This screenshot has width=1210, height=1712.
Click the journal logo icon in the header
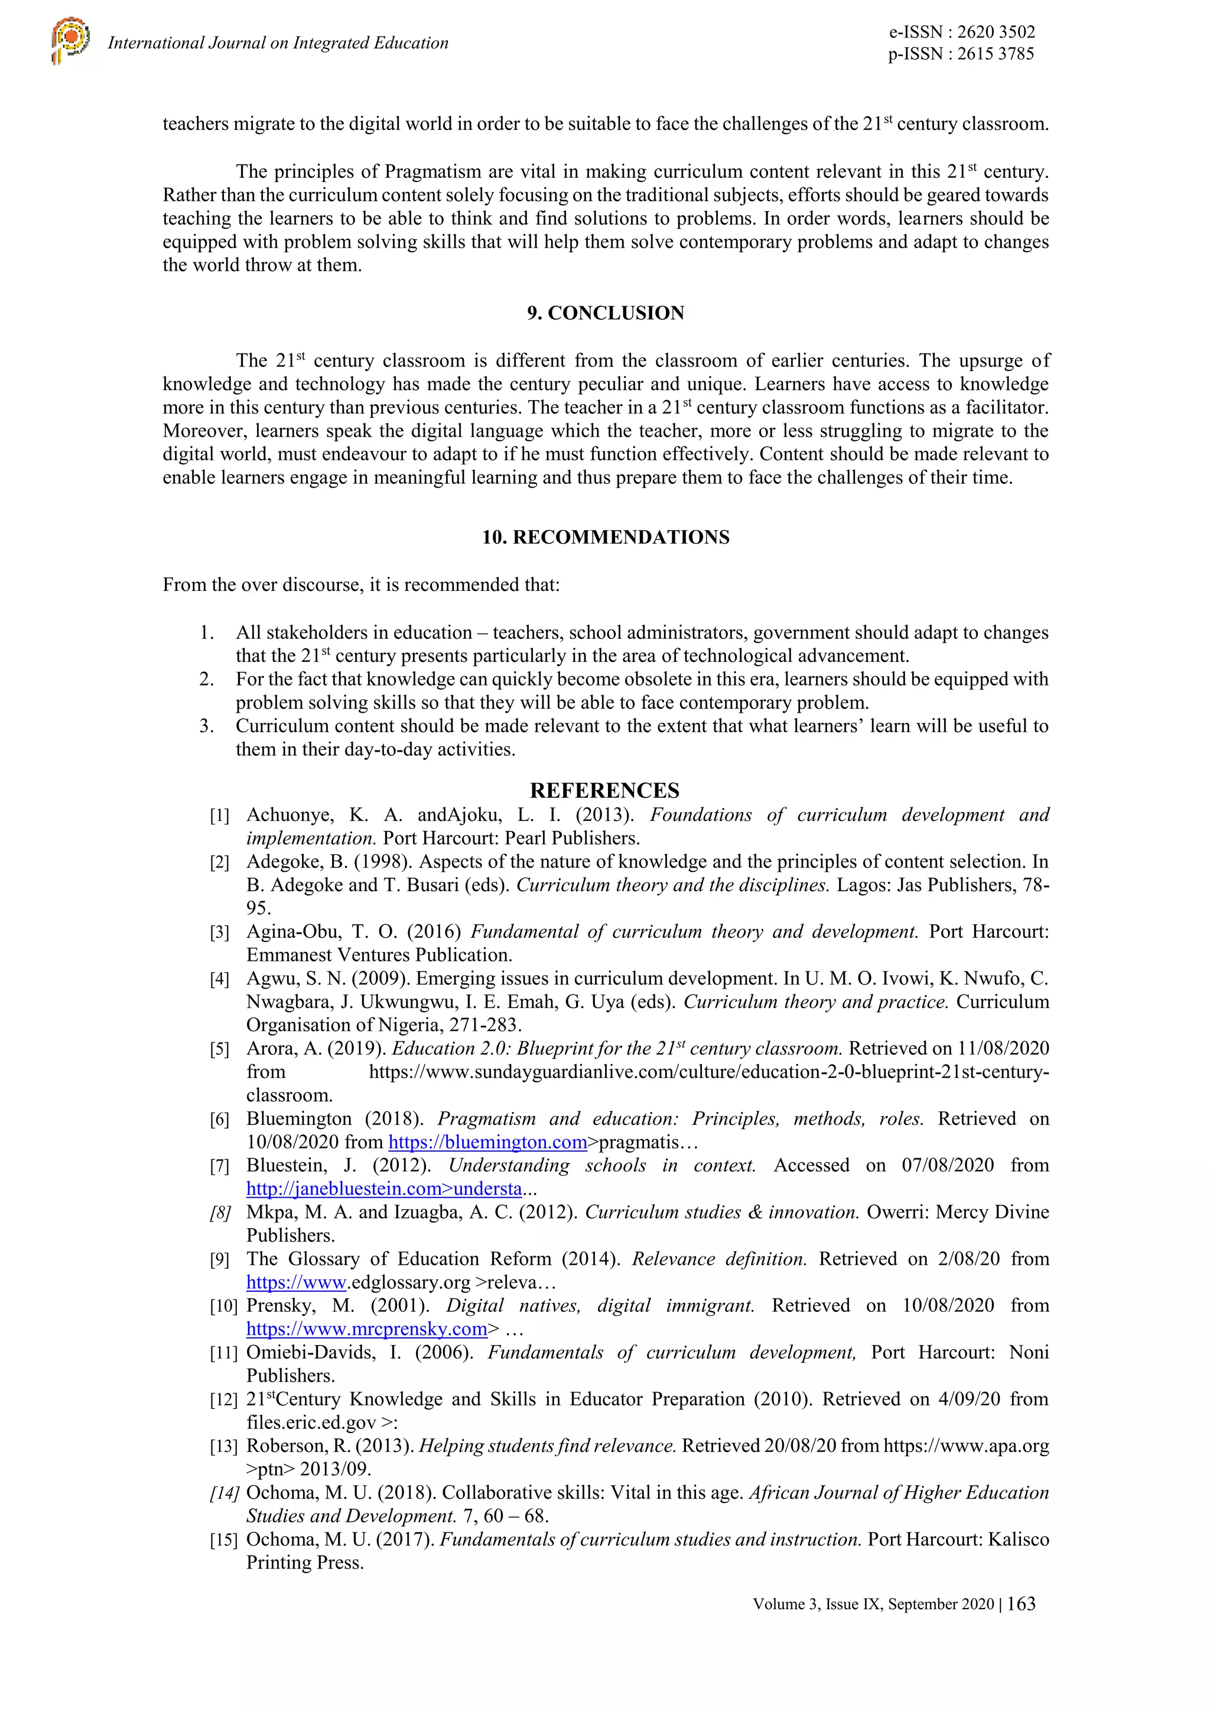coord(71,42)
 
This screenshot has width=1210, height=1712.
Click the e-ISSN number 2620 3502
coord(996,32)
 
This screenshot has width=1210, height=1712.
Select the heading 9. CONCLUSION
coord(606,313)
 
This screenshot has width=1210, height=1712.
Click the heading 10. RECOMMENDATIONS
coord(606,538)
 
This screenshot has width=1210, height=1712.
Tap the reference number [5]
coord(219,1050)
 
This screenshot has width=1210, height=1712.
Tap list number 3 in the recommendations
coord(207,726)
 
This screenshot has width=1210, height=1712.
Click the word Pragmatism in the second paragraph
coord(432,171)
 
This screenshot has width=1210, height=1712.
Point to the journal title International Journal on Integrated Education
coord(278,43)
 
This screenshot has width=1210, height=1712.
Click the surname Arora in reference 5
coord(271,1049)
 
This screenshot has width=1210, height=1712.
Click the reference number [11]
coord(223,1353)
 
